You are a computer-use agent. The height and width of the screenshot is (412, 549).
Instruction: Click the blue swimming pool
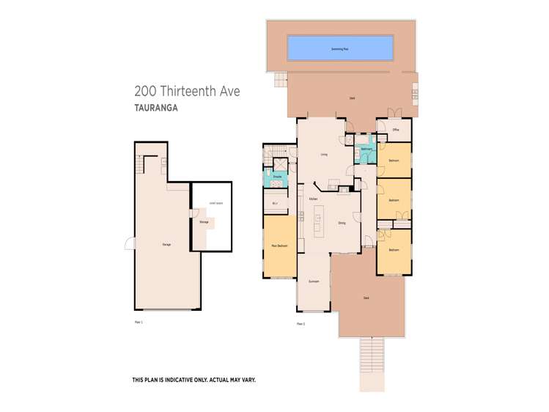click(x=339, y=48)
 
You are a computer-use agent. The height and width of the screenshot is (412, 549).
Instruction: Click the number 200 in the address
click(x=144, y=92)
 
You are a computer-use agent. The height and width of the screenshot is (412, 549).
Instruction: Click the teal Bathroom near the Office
click(x=367, y=150)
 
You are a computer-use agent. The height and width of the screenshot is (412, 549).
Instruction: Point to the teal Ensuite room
click(x=278, y=176)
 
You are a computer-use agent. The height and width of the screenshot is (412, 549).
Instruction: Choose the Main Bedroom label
click(x=279, y=246)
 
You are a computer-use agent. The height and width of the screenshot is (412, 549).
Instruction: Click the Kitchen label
click(x=313, y=199)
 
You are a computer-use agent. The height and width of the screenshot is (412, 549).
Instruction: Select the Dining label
click(x=342, y=223)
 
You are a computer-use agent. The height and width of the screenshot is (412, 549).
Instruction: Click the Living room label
click(x=323, y=155)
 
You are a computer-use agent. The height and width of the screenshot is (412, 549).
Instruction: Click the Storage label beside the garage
click(x=203, y=221)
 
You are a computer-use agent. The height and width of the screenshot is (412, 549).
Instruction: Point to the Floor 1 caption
click(x=138, y=322)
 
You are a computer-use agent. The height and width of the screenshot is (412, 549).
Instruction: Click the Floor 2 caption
click(x=301, y=323)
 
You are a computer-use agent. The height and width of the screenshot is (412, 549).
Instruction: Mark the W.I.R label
click(x=276, y=203)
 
